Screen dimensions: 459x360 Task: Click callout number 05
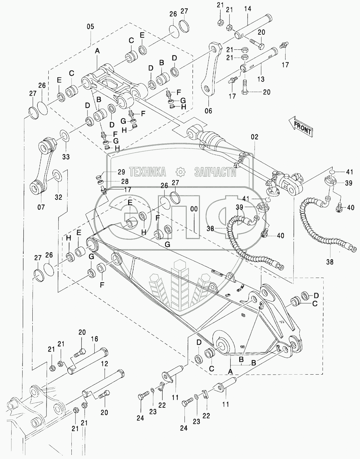[90, 27]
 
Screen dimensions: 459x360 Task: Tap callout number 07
[41, 207]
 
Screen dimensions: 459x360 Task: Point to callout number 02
[255, 137]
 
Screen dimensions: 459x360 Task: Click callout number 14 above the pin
[247, 9]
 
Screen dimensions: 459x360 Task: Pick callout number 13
[261, 79]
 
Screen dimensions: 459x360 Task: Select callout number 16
[94, 339]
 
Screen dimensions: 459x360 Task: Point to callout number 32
[58, 197]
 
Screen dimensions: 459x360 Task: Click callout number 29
[121, 172]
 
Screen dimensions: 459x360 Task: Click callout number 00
[194, 209]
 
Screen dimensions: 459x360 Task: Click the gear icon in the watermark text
[180, 172]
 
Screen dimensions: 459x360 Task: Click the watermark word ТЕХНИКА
[147, 172]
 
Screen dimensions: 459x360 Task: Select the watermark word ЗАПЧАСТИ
[215, 172]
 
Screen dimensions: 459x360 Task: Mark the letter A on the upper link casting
[97, 51]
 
